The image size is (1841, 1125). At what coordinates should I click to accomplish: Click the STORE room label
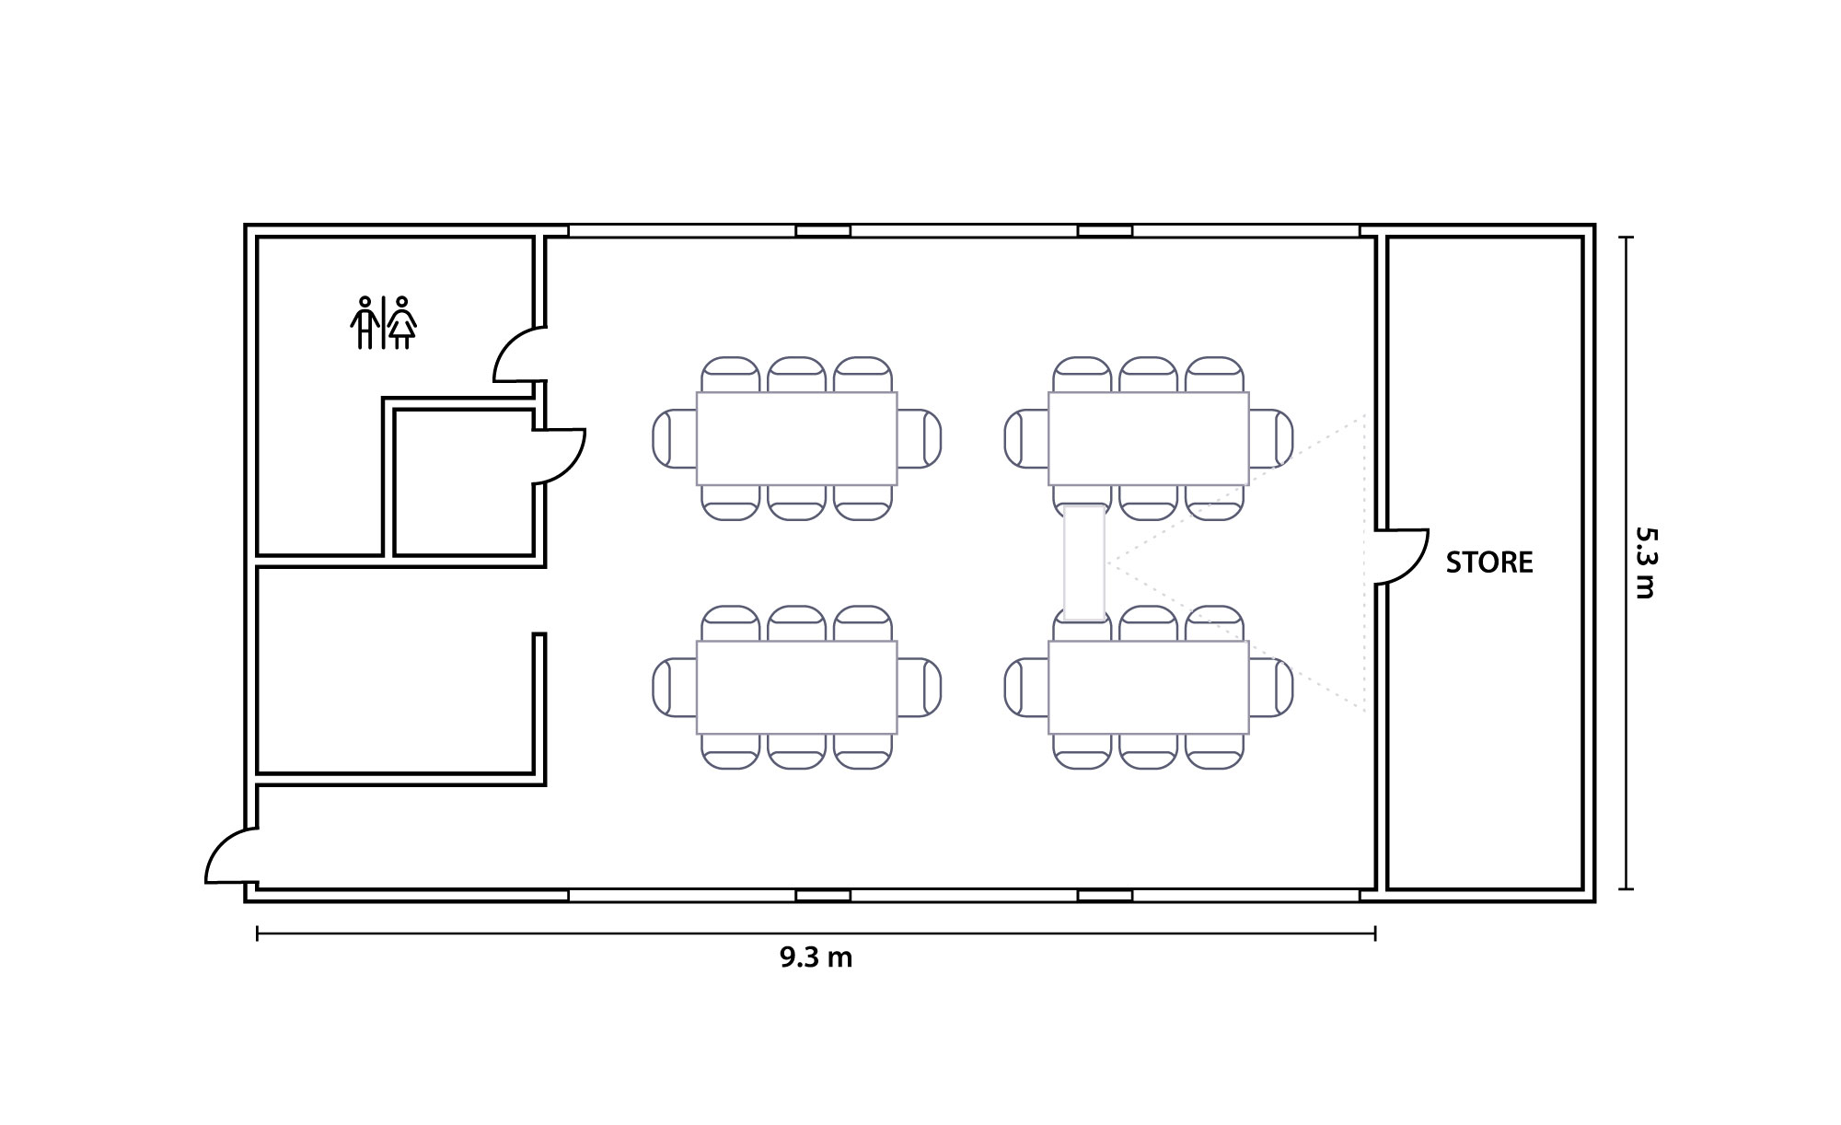[x=1489, y=562]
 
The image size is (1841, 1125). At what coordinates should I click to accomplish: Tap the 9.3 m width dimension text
[x=816, y=957]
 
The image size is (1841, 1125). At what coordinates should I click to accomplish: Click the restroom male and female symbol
[x=383, y=322]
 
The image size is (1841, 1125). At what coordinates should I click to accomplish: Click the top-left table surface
[x=796, y=438]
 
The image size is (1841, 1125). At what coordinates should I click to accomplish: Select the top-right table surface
[x=1149, y=438]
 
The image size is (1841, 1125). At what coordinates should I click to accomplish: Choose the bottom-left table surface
[x=796, y=687]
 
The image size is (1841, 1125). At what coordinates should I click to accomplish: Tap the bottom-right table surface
[x=1149, y=687]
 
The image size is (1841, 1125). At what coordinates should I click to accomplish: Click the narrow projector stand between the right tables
[x=1084, y=562]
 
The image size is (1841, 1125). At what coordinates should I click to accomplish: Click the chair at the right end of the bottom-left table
[x=919, y=687]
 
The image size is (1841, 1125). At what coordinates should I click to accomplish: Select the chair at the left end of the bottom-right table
[x=1026, y=687]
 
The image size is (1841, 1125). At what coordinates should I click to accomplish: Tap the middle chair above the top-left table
[x=796, y=375]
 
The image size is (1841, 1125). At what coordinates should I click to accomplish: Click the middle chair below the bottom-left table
[x=796, y=751]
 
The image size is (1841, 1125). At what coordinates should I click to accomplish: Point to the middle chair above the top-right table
[x=1149, y=375]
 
